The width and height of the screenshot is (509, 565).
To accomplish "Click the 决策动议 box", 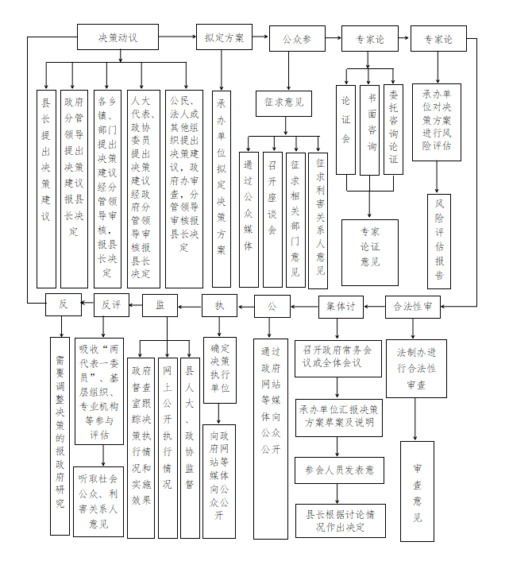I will pyautogui.click(x=118, y=37).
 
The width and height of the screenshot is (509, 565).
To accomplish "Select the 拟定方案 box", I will pyautogui.click(x=224, y=37).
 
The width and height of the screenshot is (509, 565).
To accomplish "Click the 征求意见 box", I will pyautogui.click(x=283, y=103).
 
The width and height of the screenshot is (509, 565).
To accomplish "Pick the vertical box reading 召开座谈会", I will pyautogui.click(x=272, y=208).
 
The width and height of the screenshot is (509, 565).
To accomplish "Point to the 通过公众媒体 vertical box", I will pyautogui.click(x=249, y=208).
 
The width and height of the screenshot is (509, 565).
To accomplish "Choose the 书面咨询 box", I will pyautogui.click(x=370, y=130).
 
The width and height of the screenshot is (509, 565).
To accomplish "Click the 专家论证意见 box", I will pyautogui.click(x=370, y=253).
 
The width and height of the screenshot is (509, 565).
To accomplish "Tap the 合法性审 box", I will pyautogui.click(x=414, y=306).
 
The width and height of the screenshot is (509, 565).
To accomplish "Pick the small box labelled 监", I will pyautogui.click(x=160, y=305).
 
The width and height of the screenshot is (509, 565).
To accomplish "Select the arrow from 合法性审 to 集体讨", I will pyautogui.click(x=376, y=306).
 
